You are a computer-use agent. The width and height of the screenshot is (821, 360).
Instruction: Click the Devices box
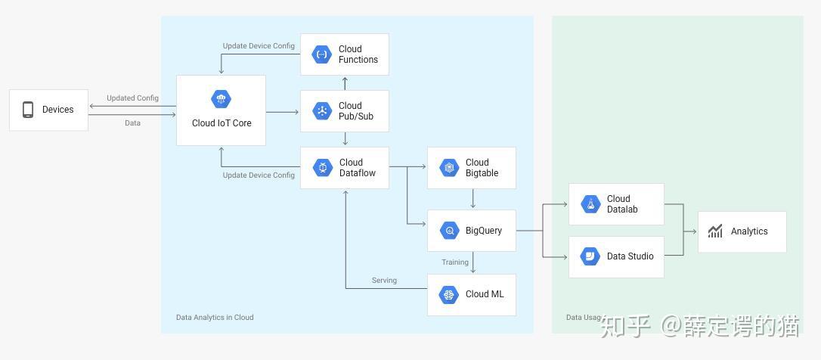coord(48,110)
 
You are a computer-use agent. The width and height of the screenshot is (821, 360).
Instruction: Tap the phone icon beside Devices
coord(28,110)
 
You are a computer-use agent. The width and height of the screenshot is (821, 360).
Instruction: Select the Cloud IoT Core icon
coord(221,99)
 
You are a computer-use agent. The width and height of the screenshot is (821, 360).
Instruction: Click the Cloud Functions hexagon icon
coord(322,54)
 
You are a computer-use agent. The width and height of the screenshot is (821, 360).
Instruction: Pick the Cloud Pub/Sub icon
coord(322,111)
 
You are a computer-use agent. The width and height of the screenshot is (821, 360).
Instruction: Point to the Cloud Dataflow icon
coord(323,168)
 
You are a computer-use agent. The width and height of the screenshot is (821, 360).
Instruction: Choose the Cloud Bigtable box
coord(471,168)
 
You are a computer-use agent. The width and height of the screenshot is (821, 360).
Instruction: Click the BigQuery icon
coord(449,231)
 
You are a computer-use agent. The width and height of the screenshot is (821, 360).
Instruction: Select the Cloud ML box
coord(471,294)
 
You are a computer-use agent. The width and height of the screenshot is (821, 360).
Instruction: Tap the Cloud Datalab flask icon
coord(590,204)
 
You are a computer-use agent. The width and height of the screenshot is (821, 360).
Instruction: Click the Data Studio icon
coord(590,256)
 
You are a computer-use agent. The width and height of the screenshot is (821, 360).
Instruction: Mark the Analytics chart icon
coord(715,231)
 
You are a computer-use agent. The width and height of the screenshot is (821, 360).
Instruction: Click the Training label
coord(455,262)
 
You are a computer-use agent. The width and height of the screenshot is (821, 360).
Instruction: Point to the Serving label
coord(384,281)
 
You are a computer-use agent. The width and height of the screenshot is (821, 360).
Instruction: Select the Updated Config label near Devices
coord(132,98)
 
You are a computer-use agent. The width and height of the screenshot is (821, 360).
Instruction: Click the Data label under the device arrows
coord(132,123)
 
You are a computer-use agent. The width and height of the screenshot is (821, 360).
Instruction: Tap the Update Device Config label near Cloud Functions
coord(259,46)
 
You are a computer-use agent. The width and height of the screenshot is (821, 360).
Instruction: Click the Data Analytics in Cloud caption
coord(215,318)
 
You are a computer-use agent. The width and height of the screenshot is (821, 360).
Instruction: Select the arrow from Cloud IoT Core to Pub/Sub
coord(282,112)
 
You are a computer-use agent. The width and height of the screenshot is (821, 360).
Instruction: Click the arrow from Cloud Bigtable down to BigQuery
coord(473,200)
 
